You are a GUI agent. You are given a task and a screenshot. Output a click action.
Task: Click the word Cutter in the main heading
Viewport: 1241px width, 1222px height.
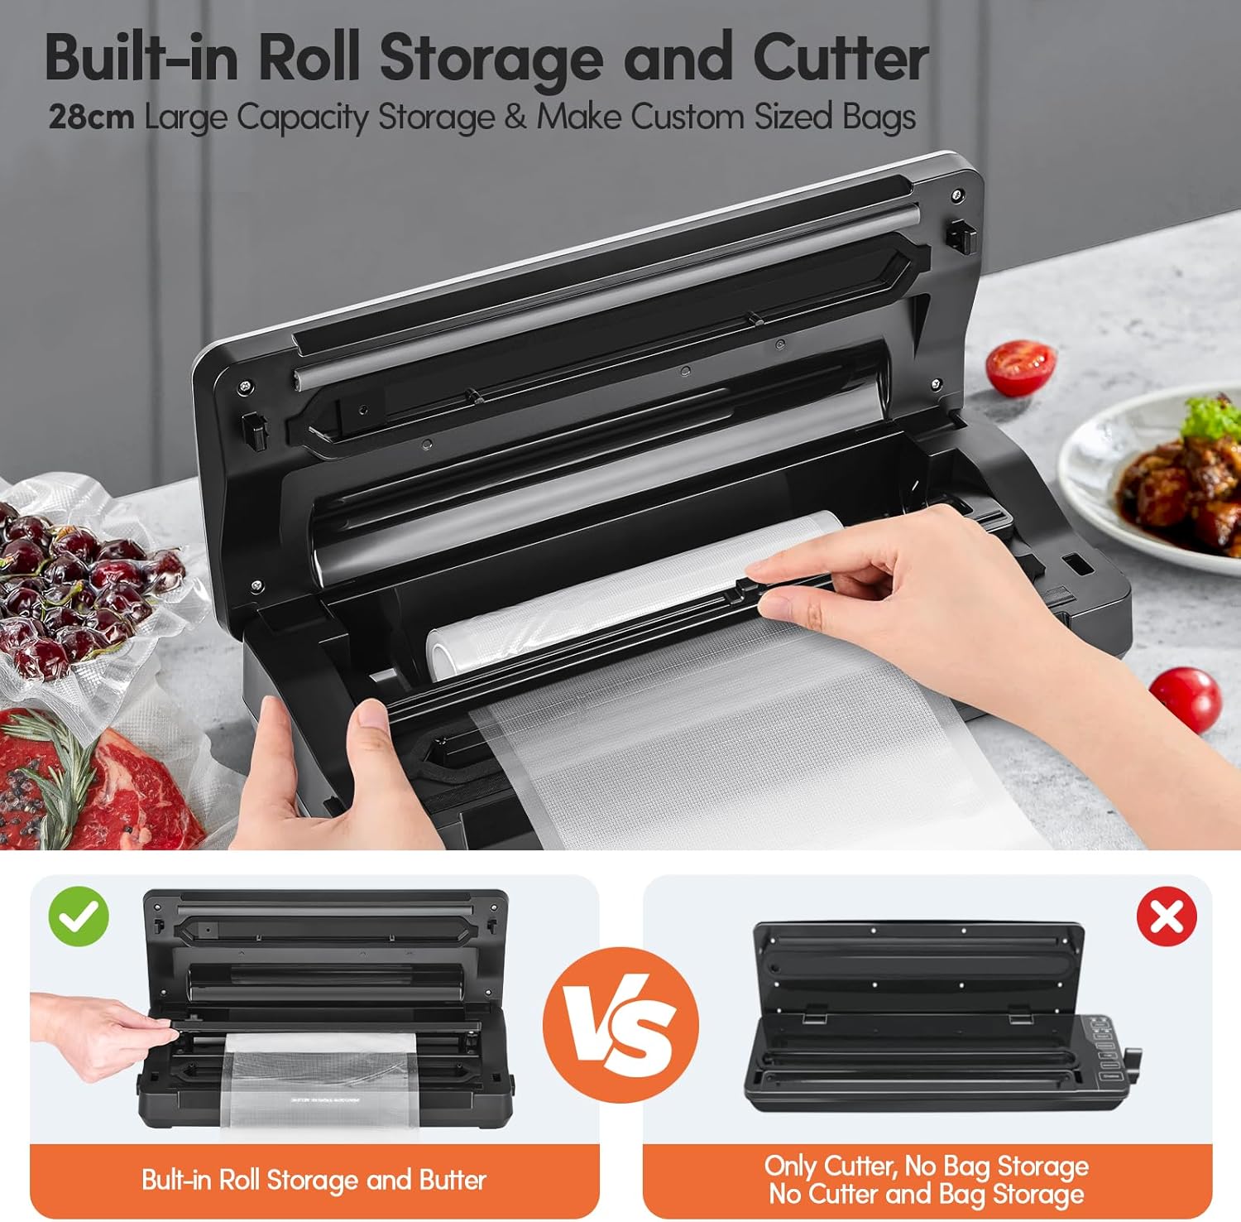coord(840,58)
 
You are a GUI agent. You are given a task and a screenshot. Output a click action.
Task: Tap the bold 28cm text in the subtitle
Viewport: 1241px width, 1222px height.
coord(91,117)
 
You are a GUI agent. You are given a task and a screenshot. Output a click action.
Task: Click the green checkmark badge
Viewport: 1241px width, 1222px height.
coord(79,916)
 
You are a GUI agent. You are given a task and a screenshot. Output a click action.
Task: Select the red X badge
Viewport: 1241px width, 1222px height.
coord(1167,916)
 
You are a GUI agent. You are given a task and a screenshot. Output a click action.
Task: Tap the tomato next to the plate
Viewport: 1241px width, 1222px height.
coord(1021,368)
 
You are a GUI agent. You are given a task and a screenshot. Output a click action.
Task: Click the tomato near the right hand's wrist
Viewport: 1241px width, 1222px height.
coord(1185,699)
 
